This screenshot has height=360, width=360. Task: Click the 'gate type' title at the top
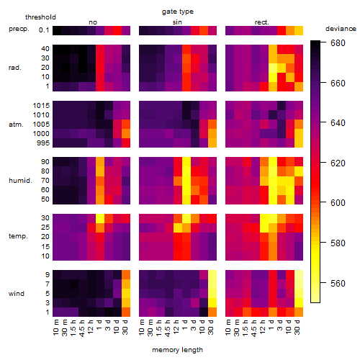pyautogui.click(x=178, y=12)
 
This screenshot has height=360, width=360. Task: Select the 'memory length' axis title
pyautogui.click(x=177, y=350)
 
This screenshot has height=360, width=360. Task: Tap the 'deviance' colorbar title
pyautogui.click(x=341, y=29)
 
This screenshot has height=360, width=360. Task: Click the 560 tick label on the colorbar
pyautogui.click(x=338, y=284)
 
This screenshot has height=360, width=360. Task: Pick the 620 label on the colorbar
pyautogui.click(x=338, y=163)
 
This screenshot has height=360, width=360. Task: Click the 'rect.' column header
pyautogui.click(x=261, y=22)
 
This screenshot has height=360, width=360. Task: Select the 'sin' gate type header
pyautogui.click(x=177, y=22)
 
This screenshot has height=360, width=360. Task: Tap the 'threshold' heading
pyautogui.click(x=40, y=17)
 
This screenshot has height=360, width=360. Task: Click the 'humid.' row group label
pyautogui.click(x=20, y=181)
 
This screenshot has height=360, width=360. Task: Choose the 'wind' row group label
pyautogui.click(x=17, y=294)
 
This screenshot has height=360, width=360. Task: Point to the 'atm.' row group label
pyautogui.click(x=16, y=125)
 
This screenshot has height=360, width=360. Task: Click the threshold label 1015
pyautogui.click(x=41, y=106)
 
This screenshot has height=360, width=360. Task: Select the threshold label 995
pyautogui.click(x=43, y=143)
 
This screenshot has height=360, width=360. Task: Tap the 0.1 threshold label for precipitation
pyautogui.click(x=44, y=30)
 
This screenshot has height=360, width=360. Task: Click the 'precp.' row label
pyautogui.click(x=19, y=29)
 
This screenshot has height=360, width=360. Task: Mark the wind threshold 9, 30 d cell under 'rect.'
pyautogui.click(x=299, y=275)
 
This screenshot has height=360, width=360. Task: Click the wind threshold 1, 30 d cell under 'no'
pyautogui.click(x=126, y=312)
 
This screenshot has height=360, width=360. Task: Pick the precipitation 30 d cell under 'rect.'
pyautogui.click(x=299, y=31)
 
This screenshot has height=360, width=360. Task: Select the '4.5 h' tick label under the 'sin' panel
pyautogui.click(x=168, y=328)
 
